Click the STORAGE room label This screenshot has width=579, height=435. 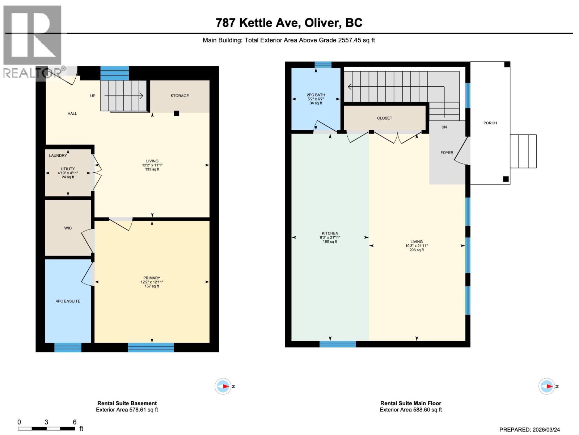(179, 96)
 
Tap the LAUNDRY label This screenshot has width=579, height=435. (58, 156)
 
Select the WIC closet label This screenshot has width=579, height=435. (68, 228)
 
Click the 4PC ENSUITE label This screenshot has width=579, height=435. (68, 301)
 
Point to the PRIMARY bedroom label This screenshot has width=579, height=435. (152, 278)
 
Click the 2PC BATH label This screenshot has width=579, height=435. (316, 95)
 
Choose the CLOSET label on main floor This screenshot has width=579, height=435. (384, 118)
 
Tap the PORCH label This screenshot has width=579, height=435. (490, 123)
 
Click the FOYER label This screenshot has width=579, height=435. (447, 153)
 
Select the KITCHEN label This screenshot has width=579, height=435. (330, 233)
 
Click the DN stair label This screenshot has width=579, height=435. (444, 127)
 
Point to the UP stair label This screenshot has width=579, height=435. (93, 96)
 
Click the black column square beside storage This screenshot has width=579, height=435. (177, 113)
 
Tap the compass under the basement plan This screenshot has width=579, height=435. (223, 386)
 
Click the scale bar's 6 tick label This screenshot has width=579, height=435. (75, 422)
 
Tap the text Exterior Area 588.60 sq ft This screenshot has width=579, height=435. (410, 410)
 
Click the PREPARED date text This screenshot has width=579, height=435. (529, 430)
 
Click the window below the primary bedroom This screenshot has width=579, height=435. (151, 348)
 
